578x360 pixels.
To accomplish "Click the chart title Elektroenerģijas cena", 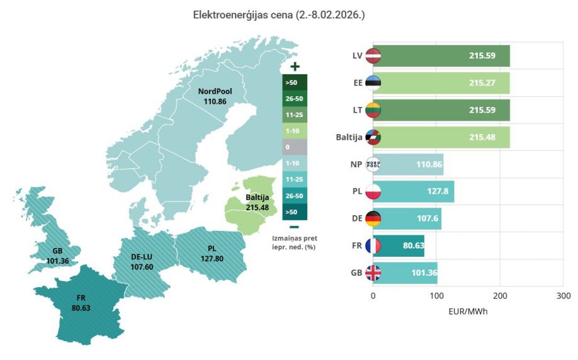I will coord(278,14).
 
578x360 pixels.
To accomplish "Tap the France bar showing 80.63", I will coord(399,245).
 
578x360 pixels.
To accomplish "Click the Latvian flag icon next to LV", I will coord(373,56).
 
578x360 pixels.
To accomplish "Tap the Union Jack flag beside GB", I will coord(373,273).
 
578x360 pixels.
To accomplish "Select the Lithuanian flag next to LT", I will coord(373,110).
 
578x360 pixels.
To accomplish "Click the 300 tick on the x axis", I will coord(564,296).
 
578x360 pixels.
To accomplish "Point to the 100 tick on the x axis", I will coord(436,296).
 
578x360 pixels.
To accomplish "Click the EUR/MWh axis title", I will coord(468,311).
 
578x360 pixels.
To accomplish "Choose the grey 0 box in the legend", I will coord(294,147).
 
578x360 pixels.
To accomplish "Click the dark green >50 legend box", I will coord(294,82).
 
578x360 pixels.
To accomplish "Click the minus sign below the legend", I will coord(294,227).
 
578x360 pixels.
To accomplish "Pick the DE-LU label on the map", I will coord(141,261).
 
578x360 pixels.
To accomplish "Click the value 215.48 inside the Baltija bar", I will coord(482,137).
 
